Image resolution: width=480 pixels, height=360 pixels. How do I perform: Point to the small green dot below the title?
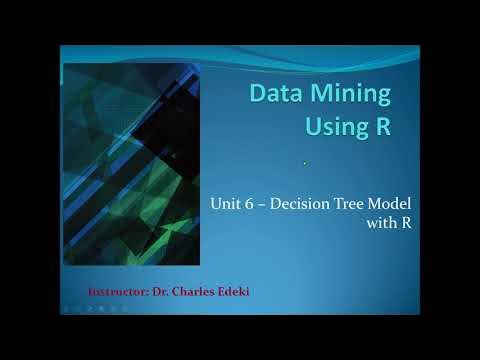(x=304, y=163)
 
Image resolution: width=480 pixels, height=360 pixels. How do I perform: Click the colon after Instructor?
(x=149, y=292)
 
